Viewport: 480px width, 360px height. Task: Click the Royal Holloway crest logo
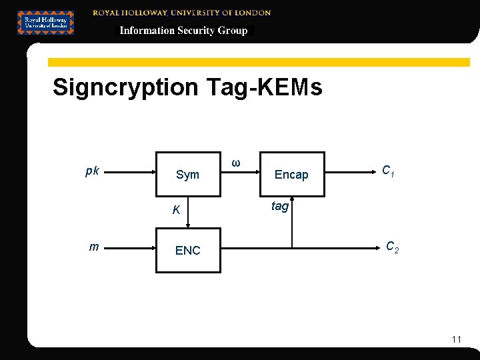point(45,23)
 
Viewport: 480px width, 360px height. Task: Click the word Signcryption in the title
point(125,87)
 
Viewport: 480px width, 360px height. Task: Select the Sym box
point(188,175)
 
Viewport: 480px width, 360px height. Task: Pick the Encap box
point(292,175)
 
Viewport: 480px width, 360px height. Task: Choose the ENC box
point(188,250)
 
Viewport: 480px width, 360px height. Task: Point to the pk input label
point(93,171)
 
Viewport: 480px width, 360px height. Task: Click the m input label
point(94,247)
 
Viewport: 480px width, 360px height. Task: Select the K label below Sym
point(176,210)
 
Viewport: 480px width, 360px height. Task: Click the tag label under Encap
point(280,207)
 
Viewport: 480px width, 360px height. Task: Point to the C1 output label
point(389,171)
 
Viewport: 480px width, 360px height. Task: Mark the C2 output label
point(393,247)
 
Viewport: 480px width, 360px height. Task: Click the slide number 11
point(456,339)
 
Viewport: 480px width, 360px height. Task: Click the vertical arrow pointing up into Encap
point(292,223)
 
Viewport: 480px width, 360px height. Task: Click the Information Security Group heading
point(183,31)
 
